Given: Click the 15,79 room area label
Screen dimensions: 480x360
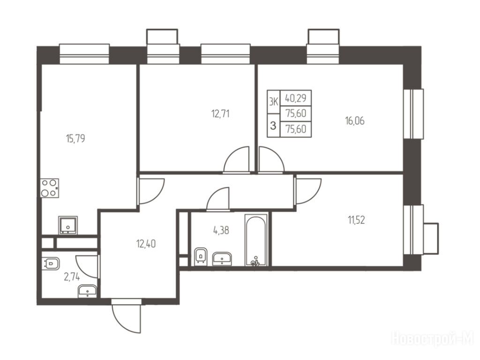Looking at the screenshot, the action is pyautogui.click(x=75, y=139).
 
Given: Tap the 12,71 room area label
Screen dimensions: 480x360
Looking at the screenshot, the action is pyautogui.click(x=220, y=114).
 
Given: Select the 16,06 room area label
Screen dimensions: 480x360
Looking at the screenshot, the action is pyautogui.click(x=355, y=121).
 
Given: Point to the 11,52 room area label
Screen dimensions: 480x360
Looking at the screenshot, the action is pyautogui.click(x=356, y=220).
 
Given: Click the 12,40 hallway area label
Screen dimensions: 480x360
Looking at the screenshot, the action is pyautogui.click(x=146, y=244).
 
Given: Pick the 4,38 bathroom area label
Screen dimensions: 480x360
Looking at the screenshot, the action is pyautogui.click(x=221, y=230).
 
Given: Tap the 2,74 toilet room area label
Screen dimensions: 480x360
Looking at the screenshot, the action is pyautogui.click(x=72, y=277).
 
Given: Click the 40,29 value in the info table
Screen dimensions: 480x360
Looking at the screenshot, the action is pyautogui.click(x=296, y=98).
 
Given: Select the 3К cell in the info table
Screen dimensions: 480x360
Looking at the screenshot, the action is pyautogui.click(x=273, y=102).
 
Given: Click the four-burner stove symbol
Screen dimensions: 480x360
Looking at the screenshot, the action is pyautogui.click(x=50, y=188).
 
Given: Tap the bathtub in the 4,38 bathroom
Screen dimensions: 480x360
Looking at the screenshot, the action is pyautogui.click(x=256, y=240).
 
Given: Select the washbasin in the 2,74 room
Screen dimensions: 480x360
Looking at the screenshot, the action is pyautogui.click(x=88, y=291).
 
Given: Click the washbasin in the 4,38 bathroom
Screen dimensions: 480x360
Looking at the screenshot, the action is pyautogui.click(x=222, y=259).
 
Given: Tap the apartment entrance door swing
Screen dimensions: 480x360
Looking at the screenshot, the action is pyautogui.click(x=127, y=318).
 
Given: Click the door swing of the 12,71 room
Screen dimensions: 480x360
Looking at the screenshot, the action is pyautogui.click(x=236, y=160).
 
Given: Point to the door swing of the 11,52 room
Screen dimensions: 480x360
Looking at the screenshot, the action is pyautogui.click(x=308, y=191).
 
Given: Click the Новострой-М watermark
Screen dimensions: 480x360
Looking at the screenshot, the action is pyautogui.click(x=433, y=339).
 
